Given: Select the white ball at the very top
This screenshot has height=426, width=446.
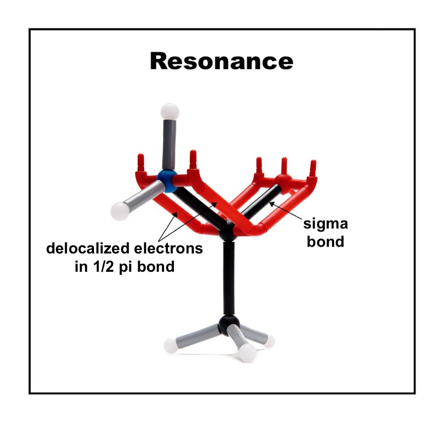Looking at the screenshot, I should (170, 112).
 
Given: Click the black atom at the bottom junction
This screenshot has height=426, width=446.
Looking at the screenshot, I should (227, 325).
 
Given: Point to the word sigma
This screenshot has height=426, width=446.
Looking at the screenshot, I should (326, 224).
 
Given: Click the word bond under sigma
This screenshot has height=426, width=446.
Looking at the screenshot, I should (326, 241).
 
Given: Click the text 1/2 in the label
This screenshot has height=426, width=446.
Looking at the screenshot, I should (119, 267).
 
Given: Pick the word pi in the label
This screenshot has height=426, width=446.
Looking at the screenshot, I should (141, 267).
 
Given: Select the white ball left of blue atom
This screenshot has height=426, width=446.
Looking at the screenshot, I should (120, 211).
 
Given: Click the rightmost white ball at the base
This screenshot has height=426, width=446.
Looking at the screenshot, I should (269, 341).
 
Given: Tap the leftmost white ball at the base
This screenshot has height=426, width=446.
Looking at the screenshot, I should (171, 344).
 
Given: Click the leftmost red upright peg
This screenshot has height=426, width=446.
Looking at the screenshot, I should (141, 162).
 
